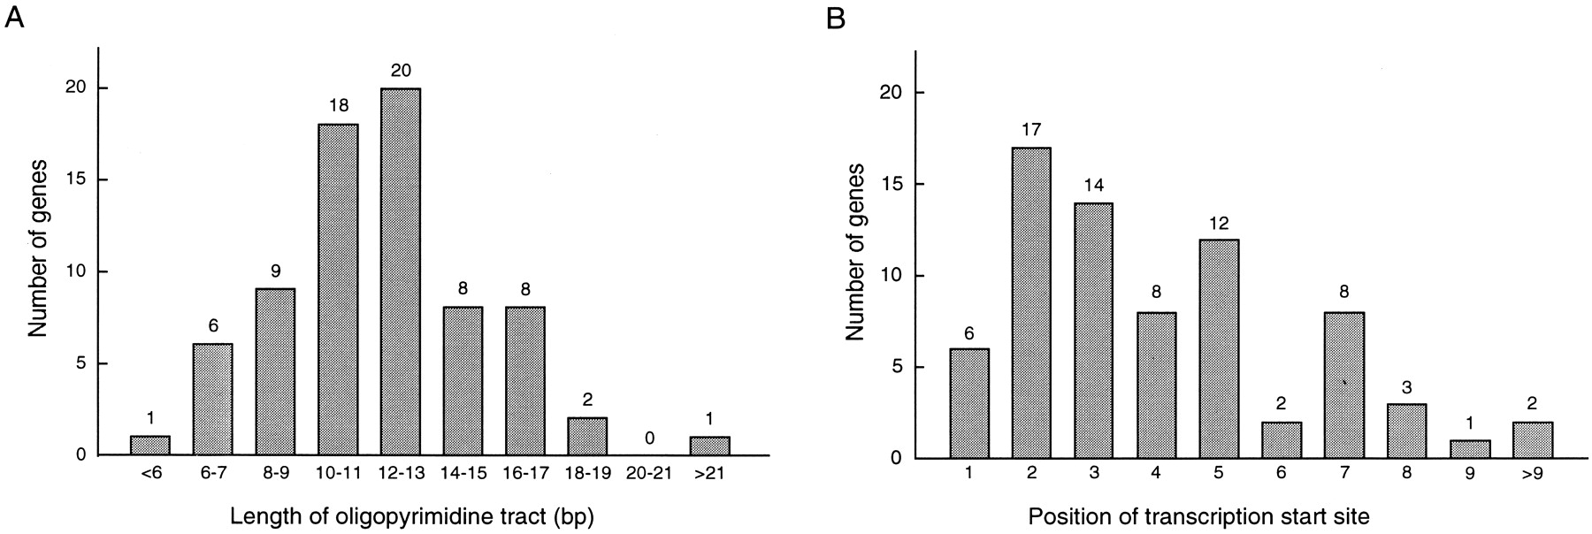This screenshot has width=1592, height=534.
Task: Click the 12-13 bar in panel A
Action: [x=400, y=271]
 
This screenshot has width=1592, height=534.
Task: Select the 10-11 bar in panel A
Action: [x=337, y=289]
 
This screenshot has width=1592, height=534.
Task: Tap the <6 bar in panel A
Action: [x=149, y=446]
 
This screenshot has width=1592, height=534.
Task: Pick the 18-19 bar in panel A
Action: [x=587, y=437]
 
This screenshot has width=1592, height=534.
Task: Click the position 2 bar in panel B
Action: [x=1031, y=303]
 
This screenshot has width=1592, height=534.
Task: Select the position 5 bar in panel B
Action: [x=1219, y=349]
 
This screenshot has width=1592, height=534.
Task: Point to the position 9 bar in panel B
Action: [x=1470, y=449]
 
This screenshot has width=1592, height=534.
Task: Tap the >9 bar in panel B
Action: [x=1533, y=440]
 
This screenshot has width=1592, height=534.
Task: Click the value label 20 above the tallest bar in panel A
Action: [x=400, y=71]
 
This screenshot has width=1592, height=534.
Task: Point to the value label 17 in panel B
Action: [x=1031, y=130]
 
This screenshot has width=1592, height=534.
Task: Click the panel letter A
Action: [x=13, y=18]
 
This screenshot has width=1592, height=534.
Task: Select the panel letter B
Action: [x=834, y=18]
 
